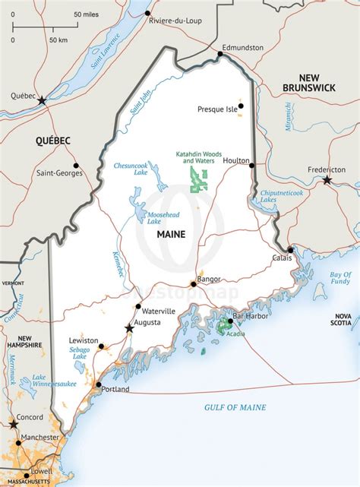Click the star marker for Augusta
[129, 328]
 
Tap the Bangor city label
[209, 280]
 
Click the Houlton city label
[237, 160]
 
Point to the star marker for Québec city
[42, 100]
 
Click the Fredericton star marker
[327, 180]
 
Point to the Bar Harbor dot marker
[229, 321]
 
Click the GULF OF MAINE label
[235, 408]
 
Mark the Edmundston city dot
[222, 54]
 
